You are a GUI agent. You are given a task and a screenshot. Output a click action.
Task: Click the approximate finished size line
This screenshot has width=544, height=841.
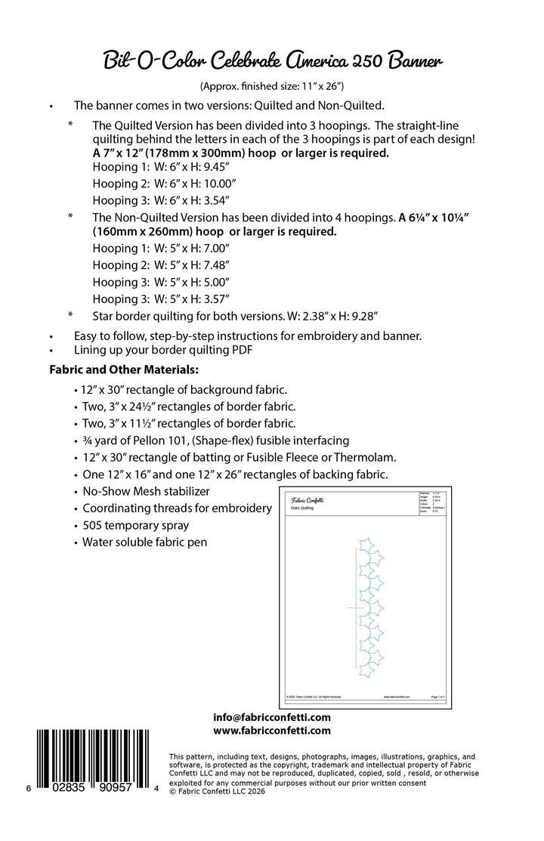click(x=271, y=86)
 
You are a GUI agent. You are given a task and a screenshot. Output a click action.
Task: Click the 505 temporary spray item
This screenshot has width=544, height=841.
click(x=135, y=525)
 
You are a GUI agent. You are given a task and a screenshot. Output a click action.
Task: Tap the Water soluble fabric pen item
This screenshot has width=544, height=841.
click(x=144, y=542)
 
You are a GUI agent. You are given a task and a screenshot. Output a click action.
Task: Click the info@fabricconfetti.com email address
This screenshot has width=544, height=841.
click(x=272, y=717)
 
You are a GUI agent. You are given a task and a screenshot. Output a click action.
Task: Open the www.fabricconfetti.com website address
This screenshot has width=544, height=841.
click(x=272, y=731)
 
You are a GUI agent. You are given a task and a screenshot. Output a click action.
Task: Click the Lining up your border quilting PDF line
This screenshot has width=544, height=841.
click(x=162, y=351)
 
